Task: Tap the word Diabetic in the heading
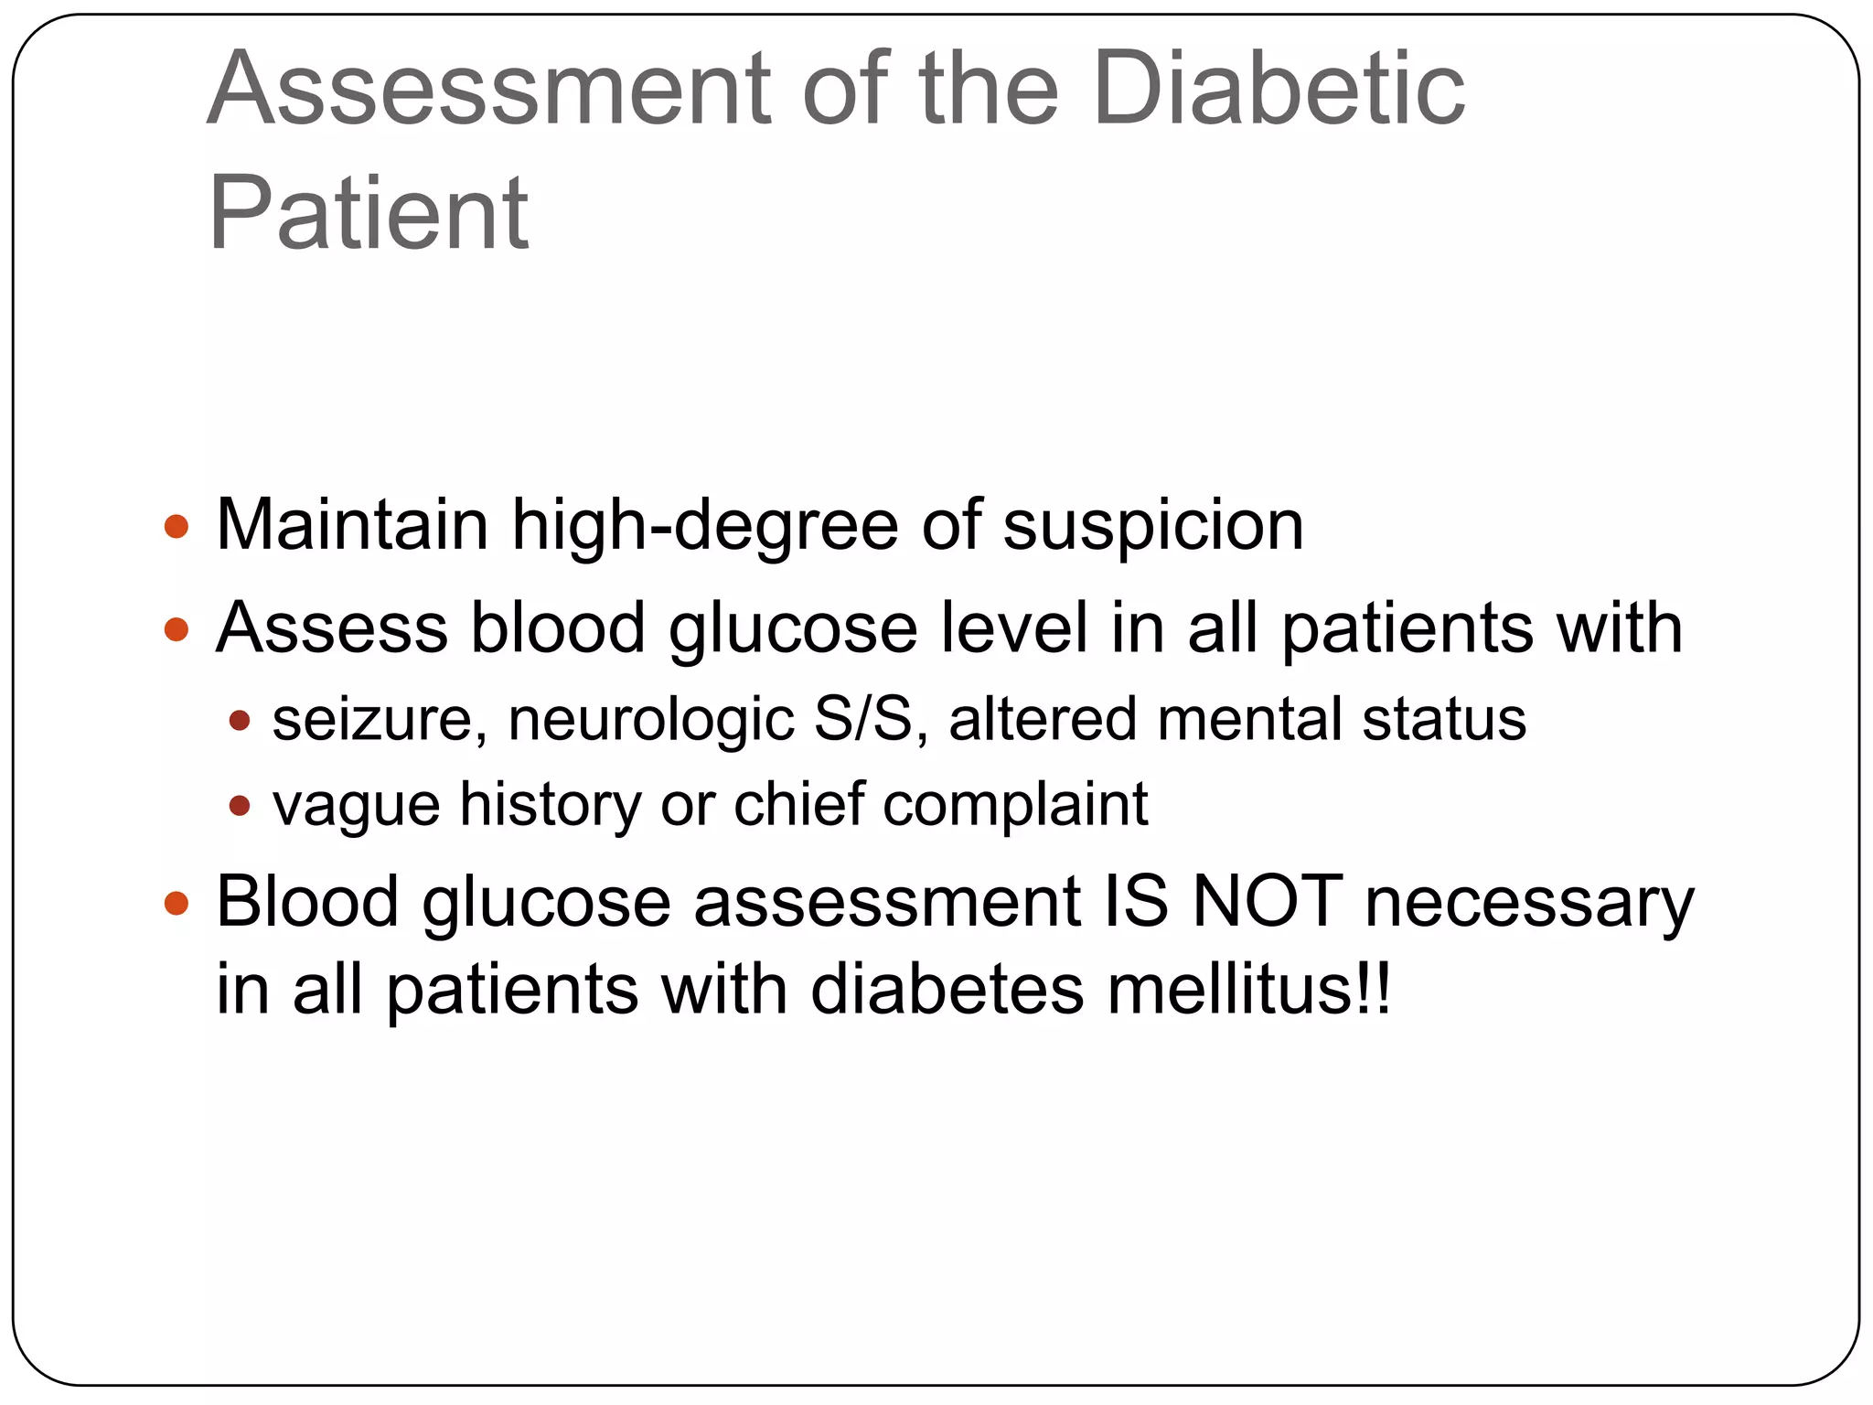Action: pyautogui.click(x=1279, y=90)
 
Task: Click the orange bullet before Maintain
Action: pyautogui.click(x=176, y=527)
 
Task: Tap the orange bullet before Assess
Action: pyautogui.click(x=176, y=629)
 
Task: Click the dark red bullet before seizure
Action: pyautogui.click(x=240, y=721)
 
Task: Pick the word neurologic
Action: pyautogui.click(x=650, y=720)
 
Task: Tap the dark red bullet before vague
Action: pyautogui.click(x=240, y=806)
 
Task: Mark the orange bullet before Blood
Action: pyautogui.click(x=176, y=904)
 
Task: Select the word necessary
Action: pyautogui.click(x=1529, y=904)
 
